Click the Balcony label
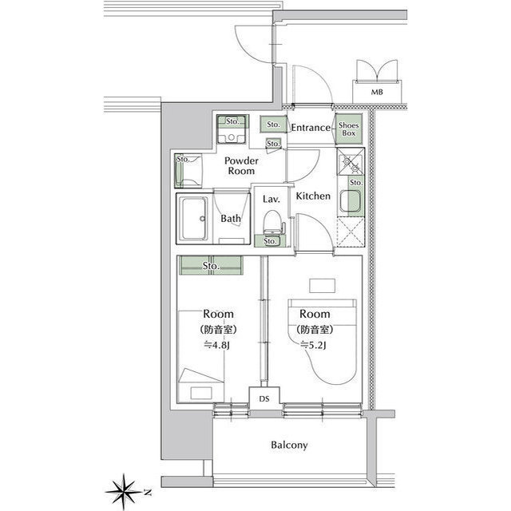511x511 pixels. tap(289, 446)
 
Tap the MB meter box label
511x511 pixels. tap(377, 93)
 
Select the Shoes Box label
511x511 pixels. tap(349, 129)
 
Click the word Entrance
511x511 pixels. tap(311, 128)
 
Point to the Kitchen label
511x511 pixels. tap(313, 196)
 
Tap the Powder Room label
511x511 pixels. tap(241, 165)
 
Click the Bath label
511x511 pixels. tap(231, 218)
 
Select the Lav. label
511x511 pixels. tap(271, 199)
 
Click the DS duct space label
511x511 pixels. tap(264, 398)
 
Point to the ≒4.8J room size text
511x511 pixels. tap(217, 346)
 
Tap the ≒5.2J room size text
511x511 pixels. tap(313, 346)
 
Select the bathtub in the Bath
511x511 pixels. tap(194, 218)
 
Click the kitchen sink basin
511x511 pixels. tap(350, 200)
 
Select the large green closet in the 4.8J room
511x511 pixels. tap(211, 265)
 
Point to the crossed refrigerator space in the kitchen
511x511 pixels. tap(351, 232)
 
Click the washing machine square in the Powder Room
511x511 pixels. tap(231, 134)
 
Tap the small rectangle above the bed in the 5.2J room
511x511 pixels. tap(323, 286)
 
